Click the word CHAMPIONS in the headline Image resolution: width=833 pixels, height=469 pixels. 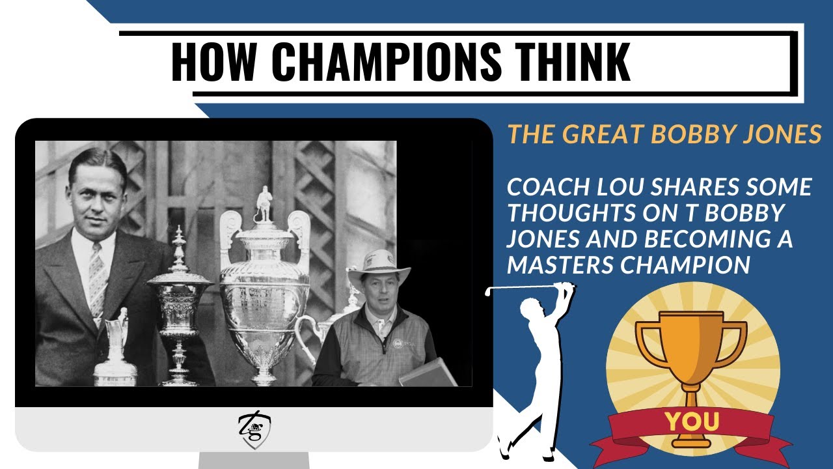(387, 61)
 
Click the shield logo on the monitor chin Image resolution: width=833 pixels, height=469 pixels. (254, 429)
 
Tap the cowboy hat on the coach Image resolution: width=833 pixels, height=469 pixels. (378, 266)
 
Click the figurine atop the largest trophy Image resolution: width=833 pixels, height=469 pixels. (264, 204)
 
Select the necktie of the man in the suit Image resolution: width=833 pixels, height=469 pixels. (98, 278)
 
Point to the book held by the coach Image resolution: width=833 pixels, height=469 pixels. (428, 373)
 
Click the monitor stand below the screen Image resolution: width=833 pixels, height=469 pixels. (254, 461)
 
